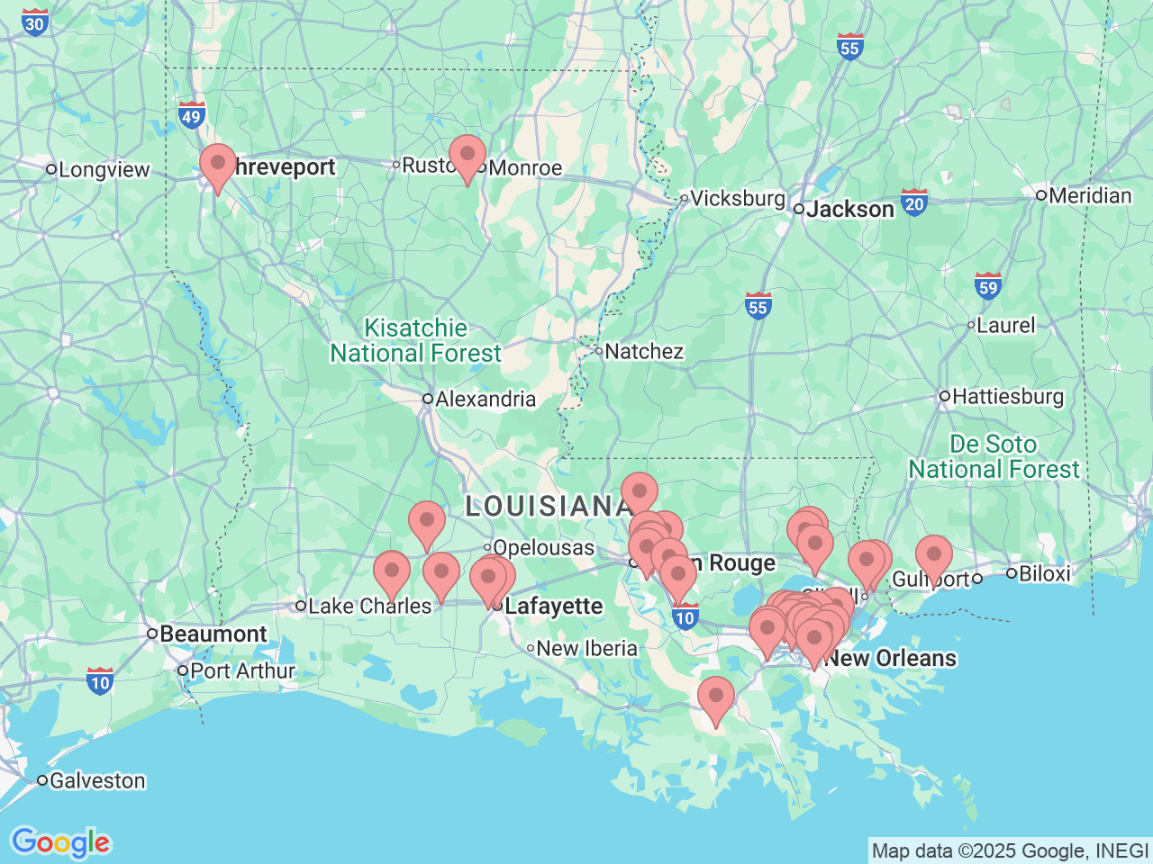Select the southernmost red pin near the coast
click(x=716, y=698)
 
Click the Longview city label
click(x=104, y=170)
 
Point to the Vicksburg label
click(x=738, y=198)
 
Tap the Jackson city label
click(x=850, y=209)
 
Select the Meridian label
click(x=1089, y=195)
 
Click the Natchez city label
click(x=643, y=351)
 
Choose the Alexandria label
click(x=485, y=399)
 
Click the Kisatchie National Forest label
click(x=415, y=341)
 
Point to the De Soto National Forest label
click(x=994, y=457)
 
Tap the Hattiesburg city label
click(x=1007, y=396)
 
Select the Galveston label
click(x=96, y=780)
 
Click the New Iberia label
click(x=586, y=648)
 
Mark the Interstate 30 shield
click(x=35, y=22)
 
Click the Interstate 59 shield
click(x=988, y=286)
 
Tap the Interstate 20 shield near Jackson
click(x=914, y=202)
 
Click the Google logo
click(x=60, y=842)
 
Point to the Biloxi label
click(x=1044, y=573)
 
